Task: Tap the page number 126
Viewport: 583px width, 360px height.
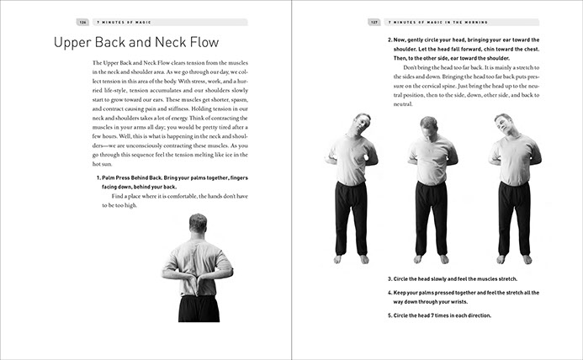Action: click(83, 22)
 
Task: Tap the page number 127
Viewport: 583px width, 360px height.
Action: click(375, 22)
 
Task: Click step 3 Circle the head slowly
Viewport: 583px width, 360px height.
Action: click(452, 278)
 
